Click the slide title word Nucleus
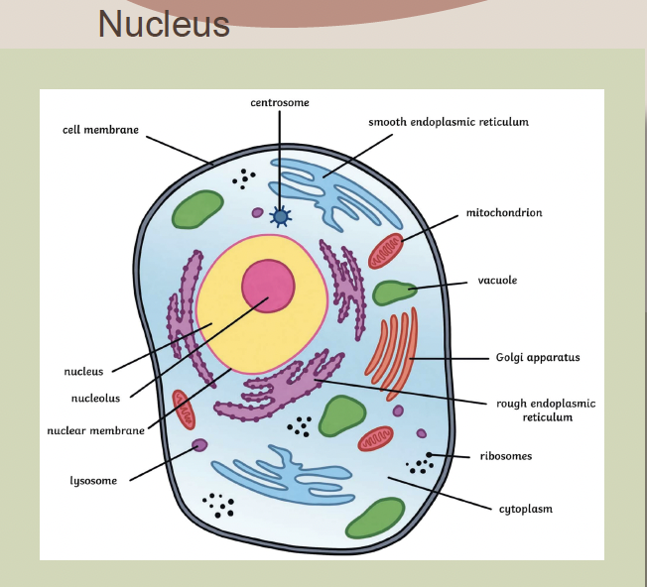click(x=164, y=23)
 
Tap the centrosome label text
click(x=280, y=102)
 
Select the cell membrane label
click(x=100, y=130)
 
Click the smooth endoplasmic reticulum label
click(x=448, y=122)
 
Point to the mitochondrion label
click(x=504, y=212)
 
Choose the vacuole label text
click(x=497, y=281)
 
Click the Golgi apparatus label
click(x=537, y=357)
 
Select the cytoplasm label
click(x=525, y=509)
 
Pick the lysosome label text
click(x=93, y=481)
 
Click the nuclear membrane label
click(x=95, y=430)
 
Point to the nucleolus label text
click(x=96, y=399)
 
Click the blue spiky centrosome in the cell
click(x=281, y=216)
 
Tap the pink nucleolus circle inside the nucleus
click(x=268, y=286)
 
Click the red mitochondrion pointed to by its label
click(x=385, y=252)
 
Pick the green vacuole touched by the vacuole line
click(x=393, y=293)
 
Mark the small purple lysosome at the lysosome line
click(x=199, y=445)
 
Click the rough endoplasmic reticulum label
click(x=546, y=411)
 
